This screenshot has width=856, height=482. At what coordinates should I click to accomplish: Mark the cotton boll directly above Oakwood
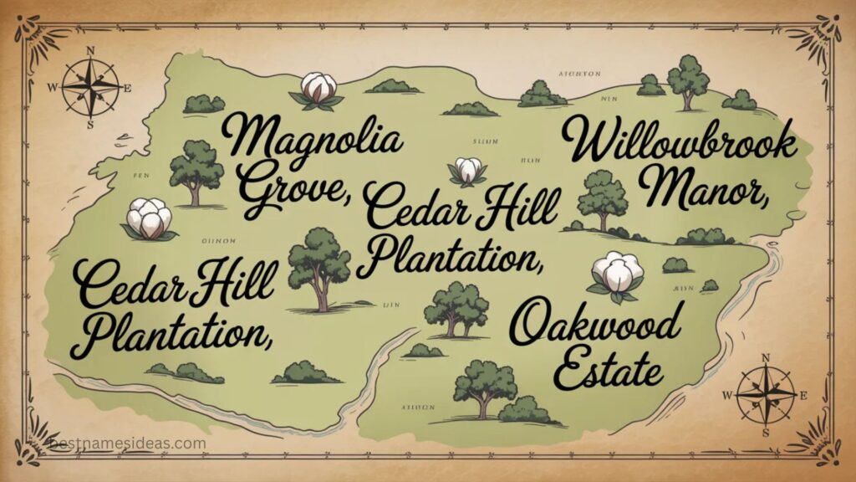(x=619, y=274)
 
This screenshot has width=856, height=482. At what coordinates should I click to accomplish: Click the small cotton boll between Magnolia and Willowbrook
(x=469, y=170)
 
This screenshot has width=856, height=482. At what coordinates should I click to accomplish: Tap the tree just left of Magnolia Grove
(x=196, y=171)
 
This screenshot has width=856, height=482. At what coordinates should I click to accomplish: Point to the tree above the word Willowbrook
(x=689, y=79)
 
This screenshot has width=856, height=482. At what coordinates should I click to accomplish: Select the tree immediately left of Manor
(x=603, y=199)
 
